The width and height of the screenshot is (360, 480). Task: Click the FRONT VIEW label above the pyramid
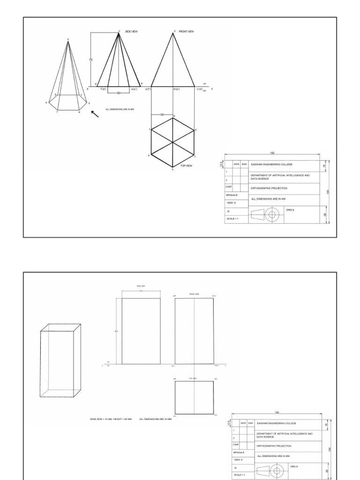[x=186, y=31]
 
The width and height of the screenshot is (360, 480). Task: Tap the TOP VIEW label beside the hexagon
[x=186, y=165]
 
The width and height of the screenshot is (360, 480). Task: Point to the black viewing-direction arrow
[x=95, y=114]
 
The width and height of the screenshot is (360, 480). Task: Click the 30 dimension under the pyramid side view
[x=119, y=93]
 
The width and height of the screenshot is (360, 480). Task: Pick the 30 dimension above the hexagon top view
[x=162, y=114]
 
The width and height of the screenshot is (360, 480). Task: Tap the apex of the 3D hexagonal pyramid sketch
[x=68, y=41]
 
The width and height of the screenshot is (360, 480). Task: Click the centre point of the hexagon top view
[x=173, y=142]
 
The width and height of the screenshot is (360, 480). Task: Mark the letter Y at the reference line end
[x=212, y=89]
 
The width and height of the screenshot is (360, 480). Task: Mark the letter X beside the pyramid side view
[x=87, y=89]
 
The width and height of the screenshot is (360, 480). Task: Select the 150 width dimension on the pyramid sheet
[x=271, y=153]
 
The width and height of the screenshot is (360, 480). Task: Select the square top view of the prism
[x=194, y=397]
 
